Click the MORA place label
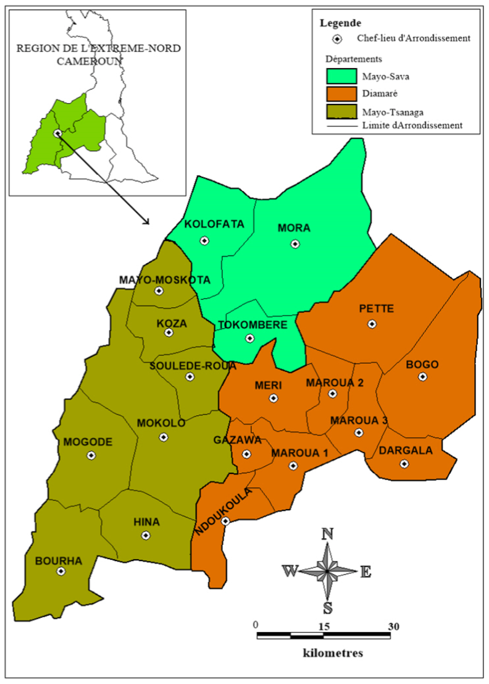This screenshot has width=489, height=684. [x=294, y=228]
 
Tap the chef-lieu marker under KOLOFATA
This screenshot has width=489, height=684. [x=204, y=241]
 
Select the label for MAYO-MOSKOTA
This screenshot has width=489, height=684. [x=164, y=279]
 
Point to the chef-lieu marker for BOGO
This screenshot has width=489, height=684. [x=422, y=377]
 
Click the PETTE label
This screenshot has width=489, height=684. [x=372, y=309]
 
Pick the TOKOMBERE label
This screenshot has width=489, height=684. [x=253, y=325]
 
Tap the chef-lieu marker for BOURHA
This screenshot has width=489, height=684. [x=61, y=572]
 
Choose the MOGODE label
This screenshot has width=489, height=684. [x=87, y=442]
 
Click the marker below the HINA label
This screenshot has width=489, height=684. [x=146, y=536]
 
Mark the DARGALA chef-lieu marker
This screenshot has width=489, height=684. [x=404, y=463]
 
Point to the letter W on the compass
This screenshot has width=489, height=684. [x=289, y=571]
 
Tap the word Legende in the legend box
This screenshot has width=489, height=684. [x=341, y=23]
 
